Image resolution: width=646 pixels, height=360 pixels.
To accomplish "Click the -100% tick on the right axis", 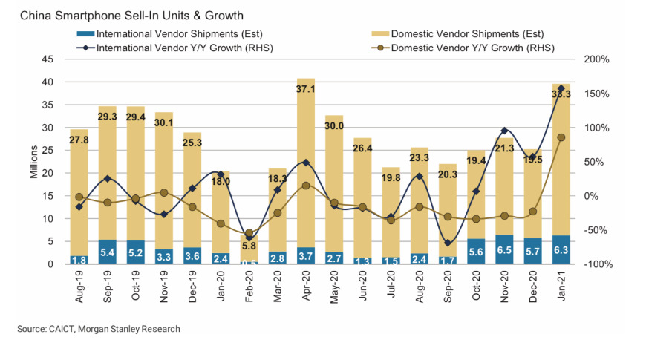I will (x=596, y=264).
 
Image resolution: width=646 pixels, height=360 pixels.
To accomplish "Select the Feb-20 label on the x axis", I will (x=248, y=285).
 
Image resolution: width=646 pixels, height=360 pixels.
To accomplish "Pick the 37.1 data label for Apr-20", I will (x=304, y=88).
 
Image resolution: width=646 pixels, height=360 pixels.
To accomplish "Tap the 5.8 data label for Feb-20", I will (x=248, y=246).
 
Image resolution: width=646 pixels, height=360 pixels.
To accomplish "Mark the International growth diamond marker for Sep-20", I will (x=447, y=243).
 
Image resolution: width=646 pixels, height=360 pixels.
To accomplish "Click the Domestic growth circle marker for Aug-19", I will (x=79, y=197).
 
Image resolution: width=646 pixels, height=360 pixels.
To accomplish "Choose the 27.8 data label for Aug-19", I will (x=79, y=140).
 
